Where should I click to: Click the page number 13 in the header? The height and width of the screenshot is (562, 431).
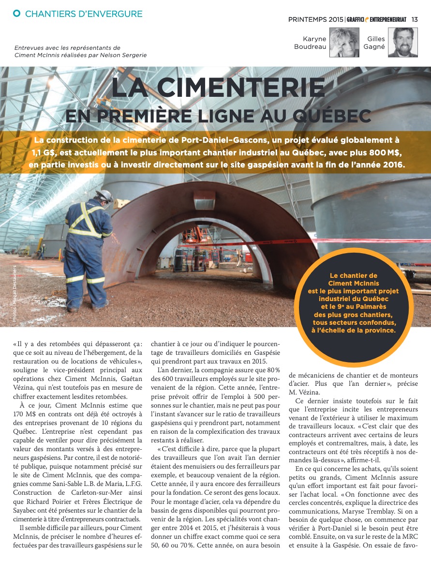(415, 20)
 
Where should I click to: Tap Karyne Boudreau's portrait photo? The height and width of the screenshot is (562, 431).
(343, 43)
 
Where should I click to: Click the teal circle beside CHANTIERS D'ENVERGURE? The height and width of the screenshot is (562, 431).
(17, 14)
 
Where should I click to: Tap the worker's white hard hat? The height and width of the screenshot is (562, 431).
(104, 196)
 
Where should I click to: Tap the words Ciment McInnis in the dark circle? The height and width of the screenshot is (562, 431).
(353, 283)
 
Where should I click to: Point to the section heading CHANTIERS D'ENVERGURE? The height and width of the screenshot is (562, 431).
(84, 14)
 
